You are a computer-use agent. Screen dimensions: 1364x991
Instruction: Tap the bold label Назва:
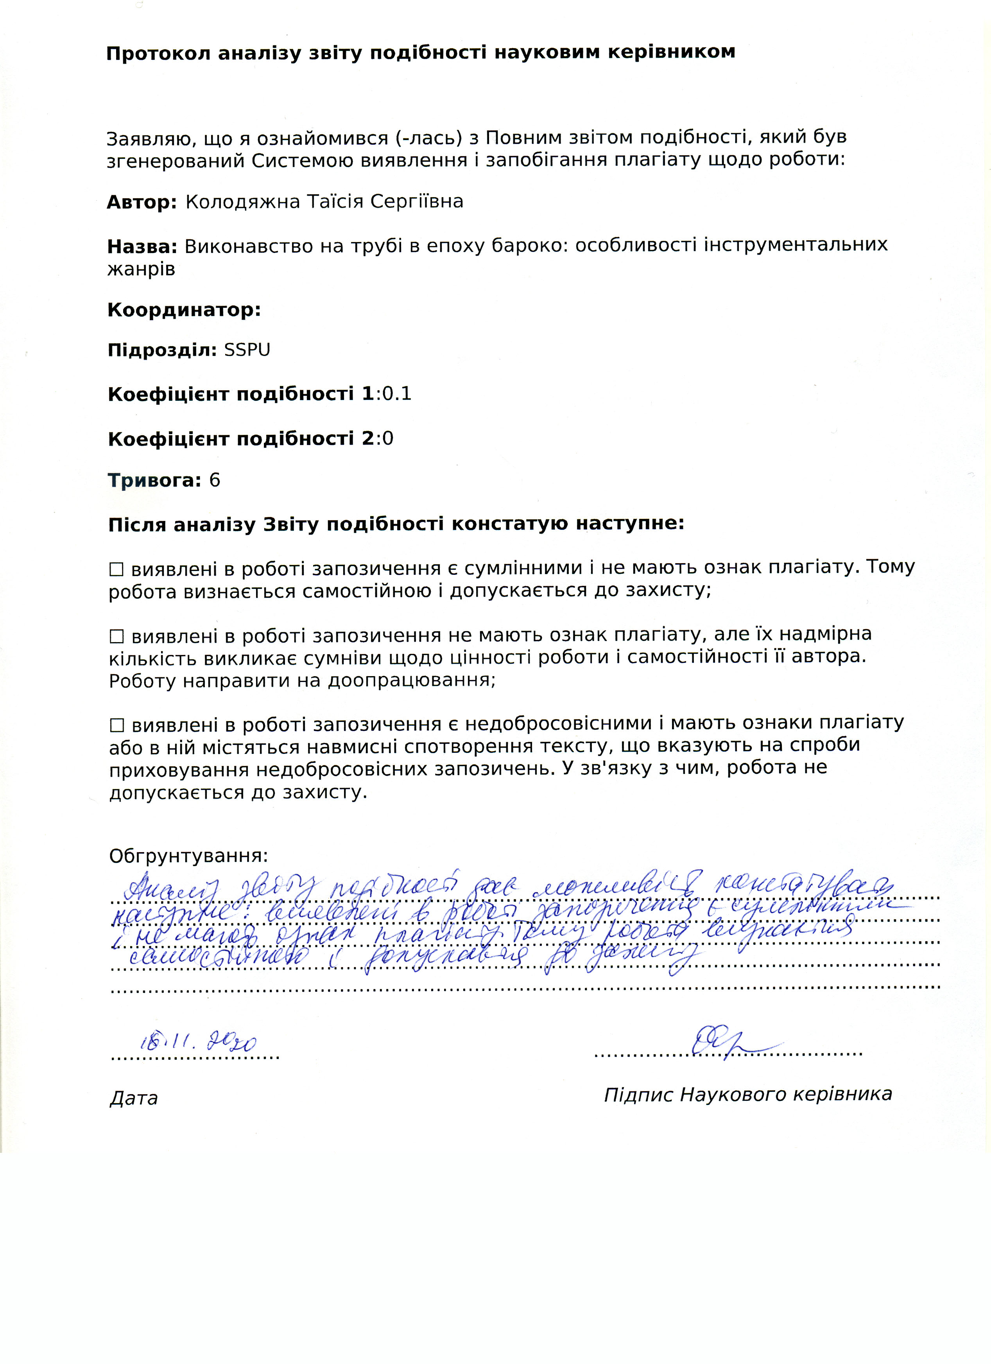142,247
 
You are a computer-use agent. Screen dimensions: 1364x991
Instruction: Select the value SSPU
247,350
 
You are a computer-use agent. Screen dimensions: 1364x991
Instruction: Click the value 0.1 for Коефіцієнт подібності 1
397,394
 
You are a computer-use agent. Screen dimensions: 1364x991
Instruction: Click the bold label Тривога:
154,481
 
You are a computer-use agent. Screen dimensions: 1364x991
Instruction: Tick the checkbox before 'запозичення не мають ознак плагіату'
116,636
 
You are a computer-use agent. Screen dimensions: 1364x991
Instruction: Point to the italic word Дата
133,1098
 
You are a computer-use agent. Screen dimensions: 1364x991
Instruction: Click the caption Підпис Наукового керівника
747,1094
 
